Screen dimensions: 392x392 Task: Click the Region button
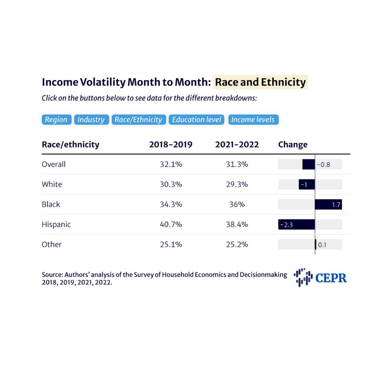click(x=56, y=120)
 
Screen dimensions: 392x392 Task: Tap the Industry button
click(x=91, y=120)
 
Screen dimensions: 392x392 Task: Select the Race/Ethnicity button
click(x=138, y=120)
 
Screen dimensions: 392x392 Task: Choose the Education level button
click(x=197, y=120)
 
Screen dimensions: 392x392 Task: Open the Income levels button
click(x=253, y=120)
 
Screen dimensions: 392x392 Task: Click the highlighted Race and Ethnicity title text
click(x=260, y=82)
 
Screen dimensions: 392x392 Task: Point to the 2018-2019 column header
click(x=171, y=144)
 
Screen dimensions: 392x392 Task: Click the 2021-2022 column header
click(x=237, y=144)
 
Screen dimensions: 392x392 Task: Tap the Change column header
click(x=292, y=144)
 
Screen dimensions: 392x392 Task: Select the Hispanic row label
click(x=56, y=224)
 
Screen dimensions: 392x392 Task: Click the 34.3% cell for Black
click(x=171, y=204)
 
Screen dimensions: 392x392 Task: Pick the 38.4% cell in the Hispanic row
click(x=237, y=224)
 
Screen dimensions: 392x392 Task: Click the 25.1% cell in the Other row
click(x=171, y=244)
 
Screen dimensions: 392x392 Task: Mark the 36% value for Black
click(x=237, y=204)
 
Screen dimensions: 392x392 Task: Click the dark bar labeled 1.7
click(x=328, y=204)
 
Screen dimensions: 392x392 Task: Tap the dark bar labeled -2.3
click(x=296, y=224)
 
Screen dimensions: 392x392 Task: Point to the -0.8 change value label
click(x=323, y=165)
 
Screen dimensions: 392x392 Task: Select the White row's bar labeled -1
click(x=307, y=184)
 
